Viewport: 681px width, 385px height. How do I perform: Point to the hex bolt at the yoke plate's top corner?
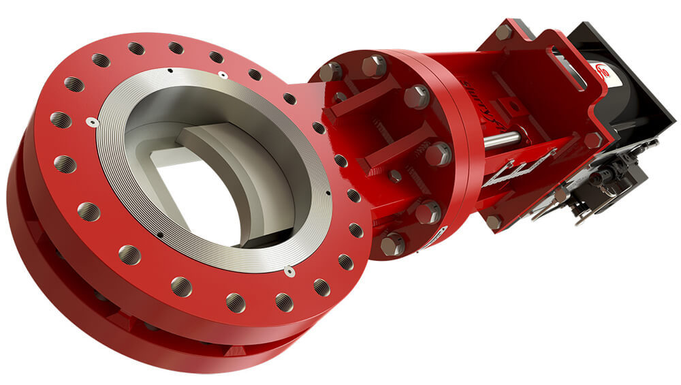click(x=503, y=31)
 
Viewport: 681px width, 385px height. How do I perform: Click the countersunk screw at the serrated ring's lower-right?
click(x=289, y=271)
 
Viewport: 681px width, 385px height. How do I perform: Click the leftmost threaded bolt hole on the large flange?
click(x=60, y=121)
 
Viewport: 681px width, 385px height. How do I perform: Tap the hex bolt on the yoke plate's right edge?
click(x=592, y=140)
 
